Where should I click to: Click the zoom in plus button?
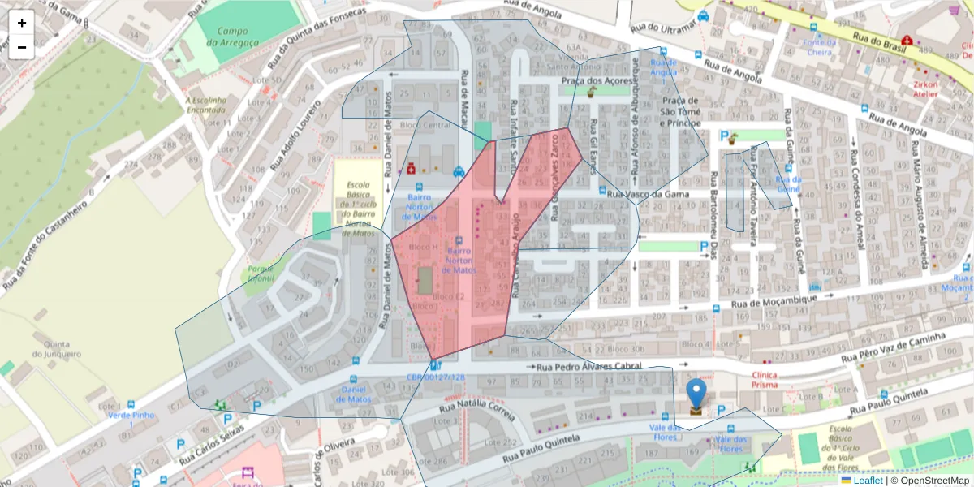point(22,23)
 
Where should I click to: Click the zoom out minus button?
point(22,47)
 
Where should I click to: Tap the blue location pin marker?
point(696,394)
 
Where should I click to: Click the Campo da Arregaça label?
point(232,37)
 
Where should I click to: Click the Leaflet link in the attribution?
point(868,481)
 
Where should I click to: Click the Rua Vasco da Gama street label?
point(648,194)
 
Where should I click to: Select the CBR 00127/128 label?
point(436,377)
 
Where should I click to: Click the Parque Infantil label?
point(261,274)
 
